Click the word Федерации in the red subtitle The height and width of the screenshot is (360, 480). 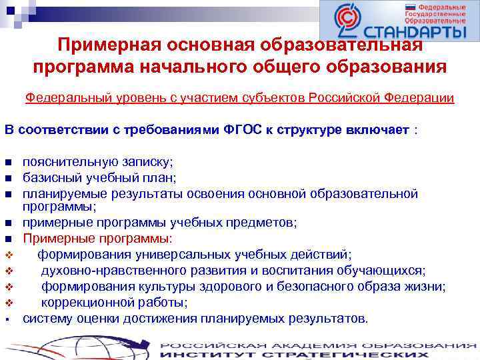pyautogui.click(x=420, y=98)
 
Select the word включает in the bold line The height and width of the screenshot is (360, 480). pyautogui.click(x=377, y=129)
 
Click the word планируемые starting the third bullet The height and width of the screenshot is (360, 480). pyautogui.click(x=61, y=193)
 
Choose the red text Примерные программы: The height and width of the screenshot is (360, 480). pyautogui.click(x=97, y=237)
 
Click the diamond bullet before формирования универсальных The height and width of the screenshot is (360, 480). pyautogui.click(x=9, y=254)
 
